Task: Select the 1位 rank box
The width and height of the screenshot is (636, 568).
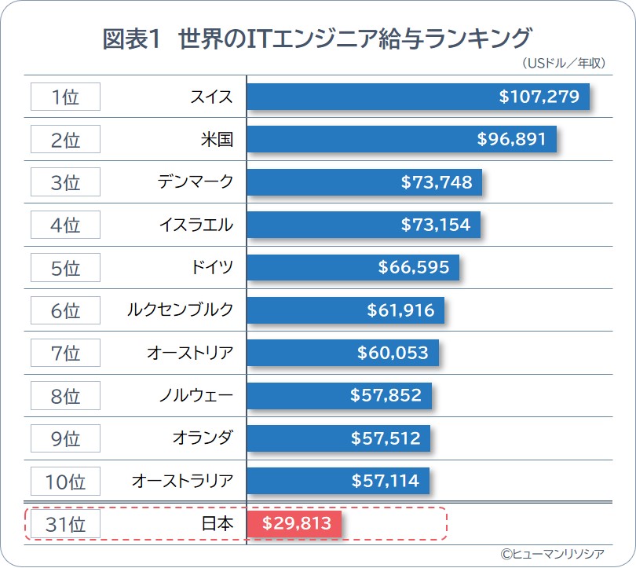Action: pyautogui.click(x=65, y=97)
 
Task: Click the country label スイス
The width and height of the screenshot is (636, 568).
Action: pyautogui.click(x=211, y=97)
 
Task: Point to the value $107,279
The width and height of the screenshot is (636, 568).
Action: pyautogui.click(x=539, y=97)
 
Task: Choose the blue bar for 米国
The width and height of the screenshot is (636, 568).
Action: pyautogui.click(x=401, y=139)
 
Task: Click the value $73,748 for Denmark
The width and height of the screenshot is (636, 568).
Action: pyautogui.click(x=437, y=182)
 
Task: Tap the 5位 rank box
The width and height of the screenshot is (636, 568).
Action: pyautogui.click(x=65, y=267)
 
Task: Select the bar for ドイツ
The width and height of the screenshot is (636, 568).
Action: pyautogui.click(x=353, y=267)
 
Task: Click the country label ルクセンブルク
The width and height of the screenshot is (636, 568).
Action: pyautogui.click(x=181, y=310)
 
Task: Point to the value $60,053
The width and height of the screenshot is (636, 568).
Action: pyautogui.click(x=393, y=353)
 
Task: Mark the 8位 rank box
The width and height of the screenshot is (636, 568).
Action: pyautogui.click(x=65, y=395)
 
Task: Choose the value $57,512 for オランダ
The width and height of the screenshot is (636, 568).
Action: pyautogui.click(x=386, y=438)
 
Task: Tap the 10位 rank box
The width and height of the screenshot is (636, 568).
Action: pyautogui.click(x=65, y=480)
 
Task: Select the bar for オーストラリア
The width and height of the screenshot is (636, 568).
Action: pyautogui.click(x=338, y=480)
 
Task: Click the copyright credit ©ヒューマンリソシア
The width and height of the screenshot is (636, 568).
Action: pyautogui.click(x=553, y=553)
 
